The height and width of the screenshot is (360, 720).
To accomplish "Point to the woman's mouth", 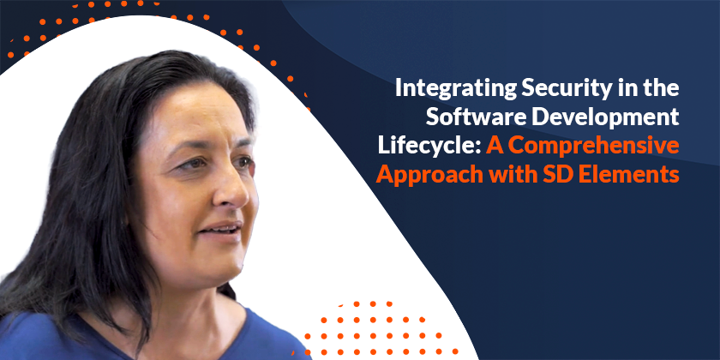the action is [x=221, y=228].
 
